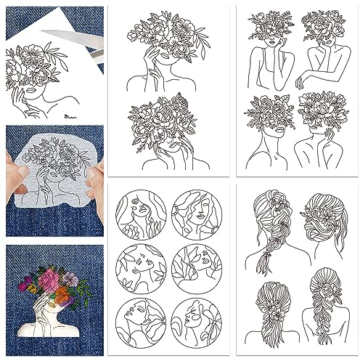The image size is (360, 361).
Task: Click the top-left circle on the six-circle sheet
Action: (x=141, y=217)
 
